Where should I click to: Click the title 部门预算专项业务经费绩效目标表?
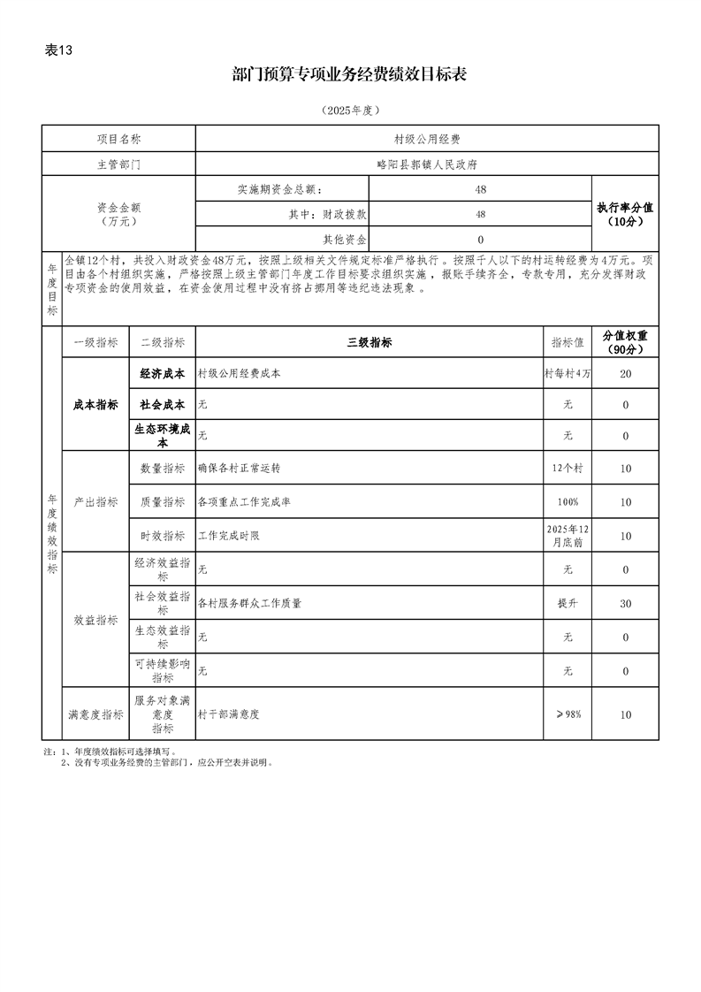349,75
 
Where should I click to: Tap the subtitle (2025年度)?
350,111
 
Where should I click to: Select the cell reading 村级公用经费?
427,139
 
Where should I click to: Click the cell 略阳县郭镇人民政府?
427,164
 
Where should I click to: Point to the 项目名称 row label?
118,139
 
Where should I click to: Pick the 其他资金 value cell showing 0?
480,240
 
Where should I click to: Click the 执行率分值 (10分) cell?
625,214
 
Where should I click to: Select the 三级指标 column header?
370,343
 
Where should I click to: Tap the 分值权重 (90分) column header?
625,343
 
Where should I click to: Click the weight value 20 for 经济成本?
625,374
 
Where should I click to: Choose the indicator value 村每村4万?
568,374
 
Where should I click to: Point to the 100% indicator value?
568,502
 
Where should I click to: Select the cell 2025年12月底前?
568,536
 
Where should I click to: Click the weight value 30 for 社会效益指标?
625,603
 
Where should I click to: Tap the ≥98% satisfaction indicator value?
568,714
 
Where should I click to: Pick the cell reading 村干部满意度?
370,714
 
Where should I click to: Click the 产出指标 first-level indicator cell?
95,502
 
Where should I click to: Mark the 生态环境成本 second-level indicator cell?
163,435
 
